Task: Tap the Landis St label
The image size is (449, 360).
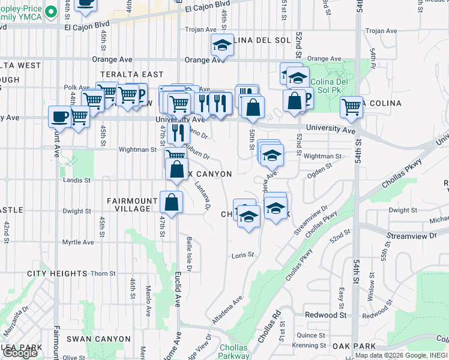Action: click(x=75, y=179)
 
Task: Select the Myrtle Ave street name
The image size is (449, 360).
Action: click(x=78, y=242)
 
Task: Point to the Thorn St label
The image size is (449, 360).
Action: click(x=103, y=274)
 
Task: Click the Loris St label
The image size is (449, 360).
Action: click(x=243, y=255)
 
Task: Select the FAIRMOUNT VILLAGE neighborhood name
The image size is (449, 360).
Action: click(x=129, y=205)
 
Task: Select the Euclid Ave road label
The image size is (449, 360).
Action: click(x=178, y=289)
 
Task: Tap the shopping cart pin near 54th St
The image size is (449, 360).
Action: click(x=351, y=108)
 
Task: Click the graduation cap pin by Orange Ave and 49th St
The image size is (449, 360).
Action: click(x=221, y=45)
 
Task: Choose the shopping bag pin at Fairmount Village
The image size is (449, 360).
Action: click(x=172, y=203)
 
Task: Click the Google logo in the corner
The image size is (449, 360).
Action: click(x=20, y=353)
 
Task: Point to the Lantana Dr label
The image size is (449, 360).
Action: click(x=202, y=196)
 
